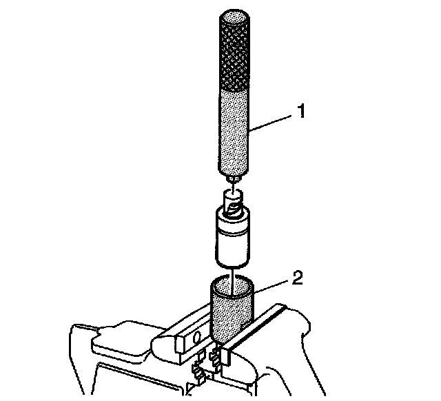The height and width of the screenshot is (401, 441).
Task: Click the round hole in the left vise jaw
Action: coord(196,338)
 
